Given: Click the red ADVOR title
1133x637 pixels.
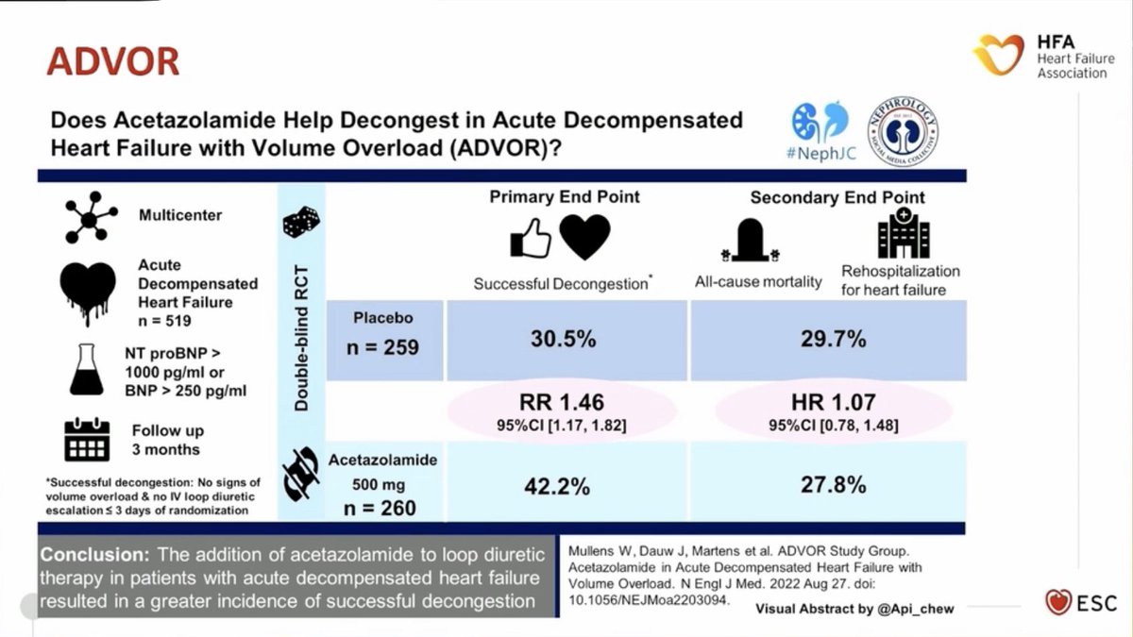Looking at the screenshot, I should tap(112, 62).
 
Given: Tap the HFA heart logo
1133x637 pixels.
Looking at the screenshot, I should tap(999, 55).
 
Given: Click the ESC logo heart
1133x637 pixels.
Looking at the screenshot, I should tap(1058, 602).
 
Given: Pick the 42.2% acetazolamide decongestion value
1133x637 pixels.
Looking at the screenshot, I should tap(557, 487).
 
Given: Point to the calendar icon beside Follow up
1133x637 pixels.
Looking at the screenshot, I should tap(87, 438).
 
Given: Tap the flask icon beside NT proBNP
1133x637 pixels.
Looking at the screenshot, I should tap(87, 369).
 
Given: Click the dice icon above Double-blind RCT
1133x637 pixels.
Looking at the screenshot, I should tap(301, 223).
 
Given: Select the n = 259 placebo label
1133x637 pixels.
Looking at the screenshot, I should tap(382, 346).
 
